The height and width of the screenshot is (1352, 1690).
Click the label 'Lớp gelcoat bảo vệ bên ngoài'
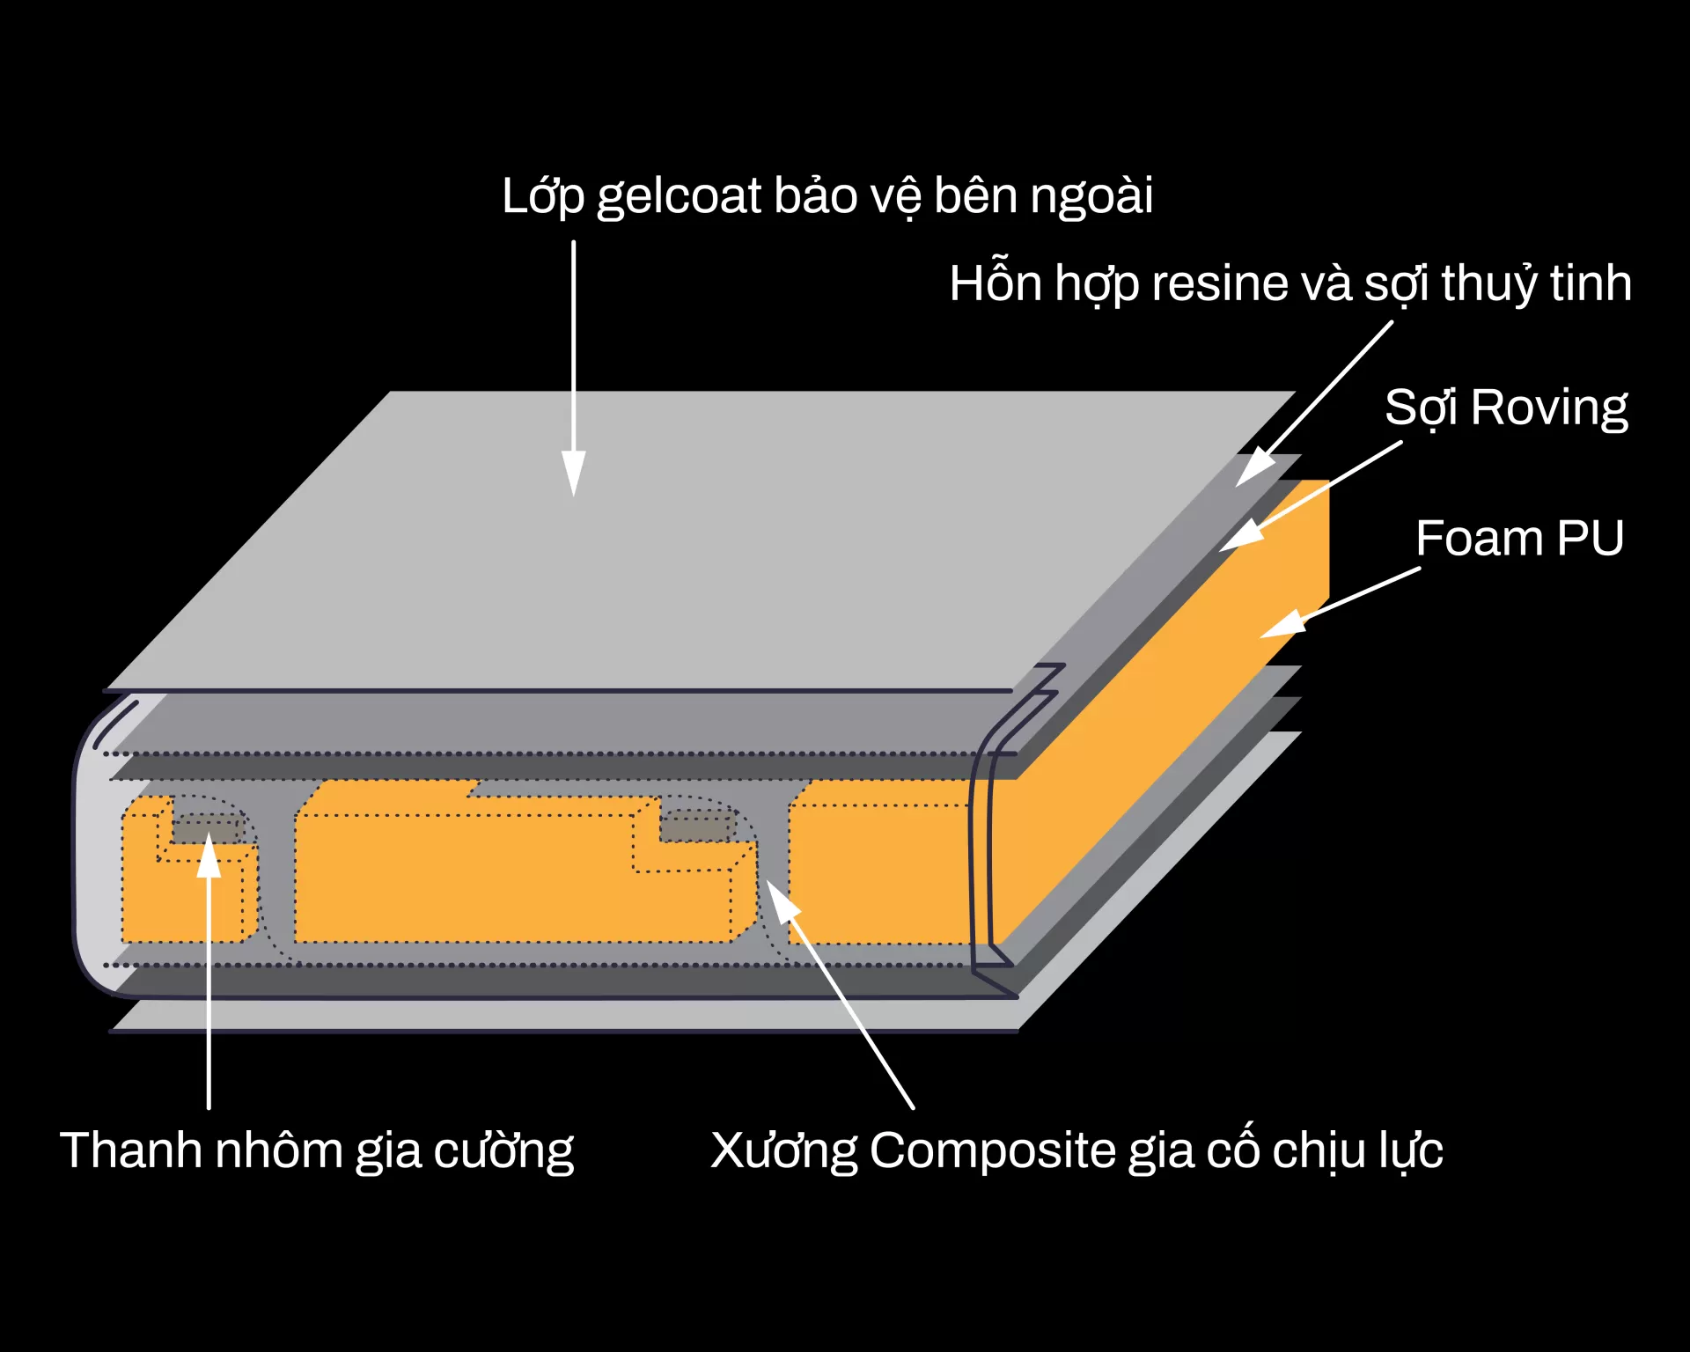[x=827, y=195]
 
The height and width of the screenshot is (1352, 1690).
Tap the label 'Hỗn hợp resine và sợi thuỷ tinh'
[x=1290, y=283]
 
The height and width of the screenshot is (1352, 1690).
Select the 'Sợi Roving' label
[x=1505, y=408]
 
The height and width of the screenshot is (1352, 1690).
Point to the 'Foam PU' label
[x=1519, y=538]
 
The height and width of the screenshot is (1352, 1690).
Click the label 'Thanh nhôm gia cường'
[x=316, y=1150]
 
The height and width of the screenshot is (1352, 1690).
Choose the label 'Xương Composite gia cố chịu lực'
[x=1076, y=1150]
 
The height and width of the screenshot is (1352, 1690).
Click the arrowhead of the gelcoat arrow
[x=574, y=475]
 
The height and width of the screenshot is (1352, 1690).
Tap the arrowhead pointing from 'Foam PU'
[x=1281, y=625]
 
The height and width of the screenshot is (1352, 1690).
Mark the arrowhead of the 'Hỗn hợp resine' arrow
[x=1253, y=467]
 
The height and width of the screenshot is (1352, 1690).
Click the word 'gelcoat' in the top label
[x=678, y=195]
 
